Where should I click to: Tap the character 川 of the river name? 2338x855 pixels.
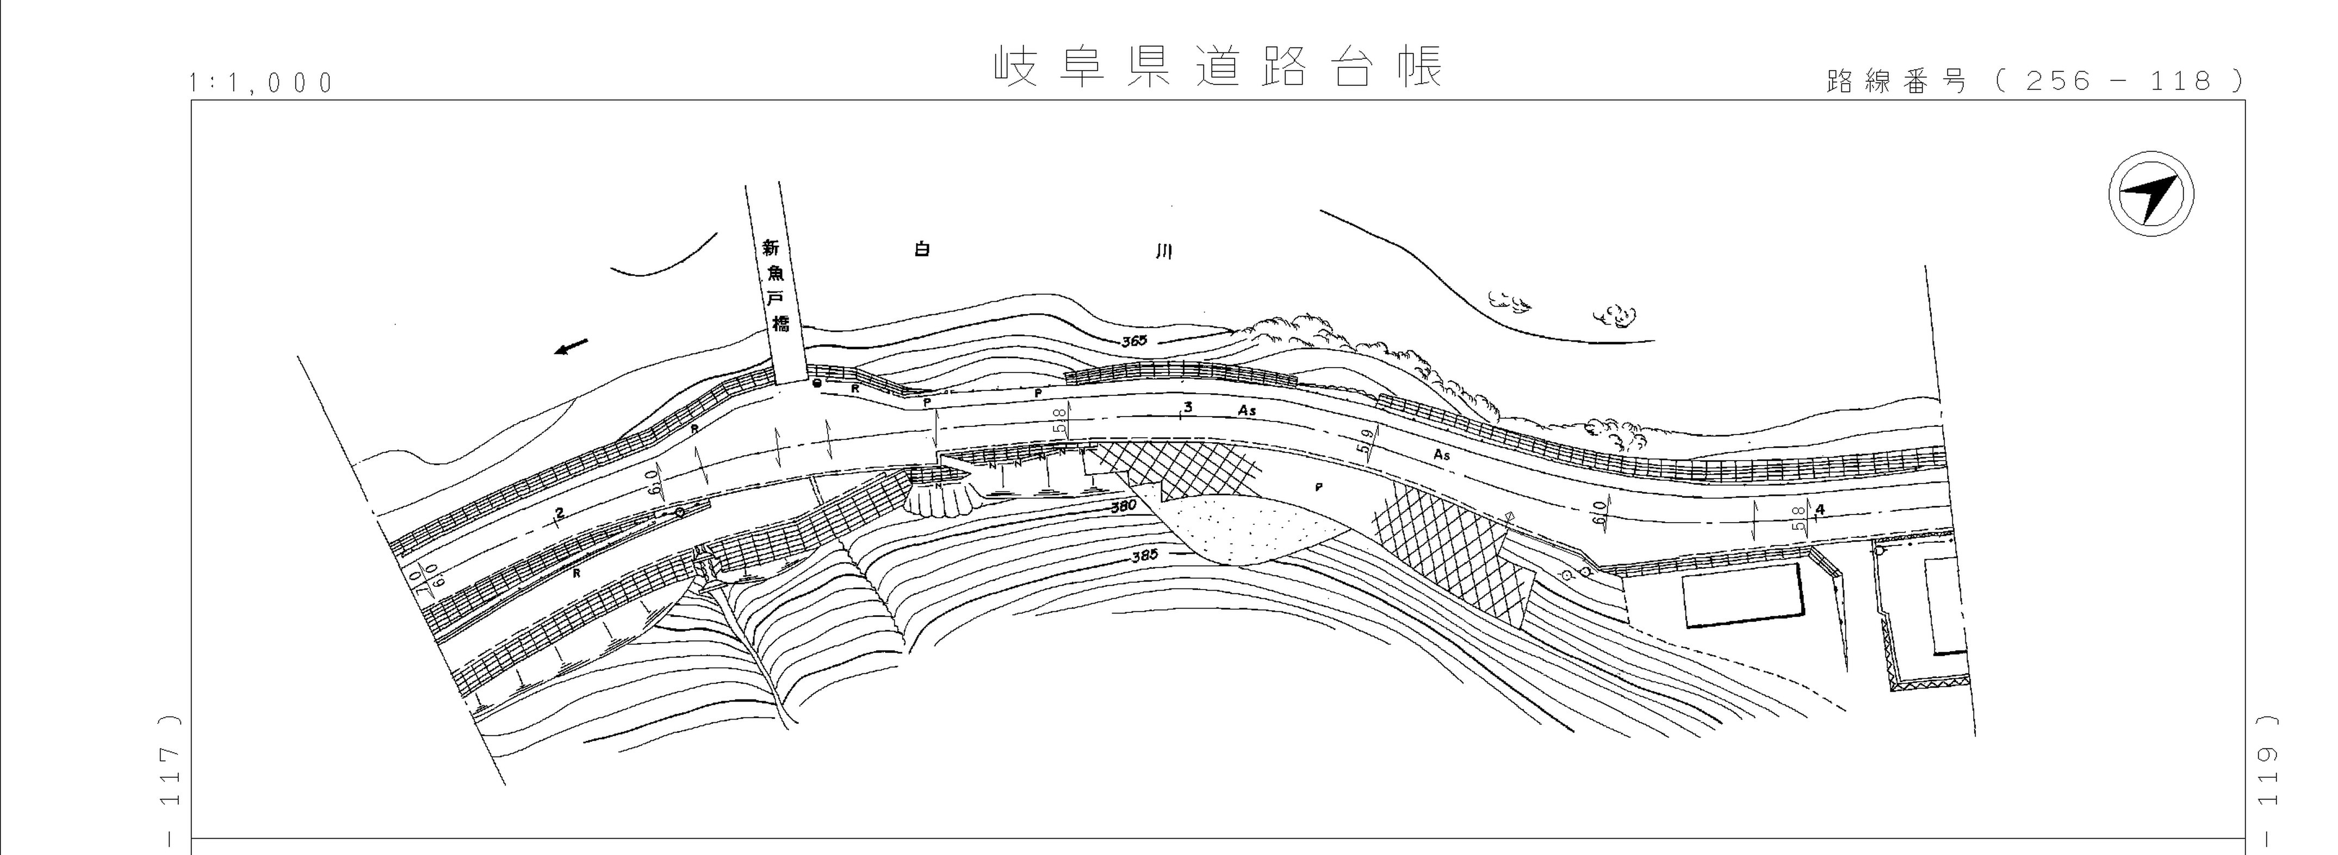pos(1163,251)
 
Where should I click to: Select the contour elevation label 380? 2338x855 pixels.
pos(1124,506)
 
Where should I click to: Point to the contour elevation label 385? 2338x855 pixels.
pos(1145,555)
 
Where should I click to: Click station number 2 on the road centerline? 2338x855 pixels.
pos(560,514)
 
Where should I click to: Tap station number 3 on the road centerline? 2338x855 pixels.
pos(1187,407)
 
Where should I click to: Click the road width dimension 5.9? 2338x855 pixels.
pos(1363,442)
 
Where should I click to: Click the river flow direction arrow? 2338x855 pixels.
pos(572,346)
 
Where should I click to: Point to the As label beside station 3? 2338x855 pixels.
pos(1247,411)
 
